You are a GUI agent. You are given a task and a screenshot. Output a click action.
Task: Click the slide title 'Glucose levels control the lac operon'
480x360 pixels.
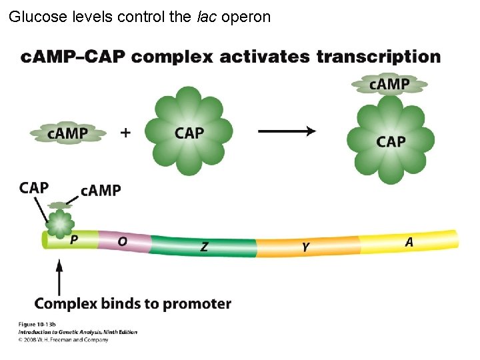[140, 17]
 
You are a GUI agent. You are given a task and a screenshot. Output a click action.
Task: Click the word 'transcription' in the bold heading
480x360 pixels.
[378, 57]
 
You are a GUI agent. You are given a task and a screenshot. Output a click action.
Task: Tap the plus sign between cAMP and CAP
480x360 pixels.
[125, 133]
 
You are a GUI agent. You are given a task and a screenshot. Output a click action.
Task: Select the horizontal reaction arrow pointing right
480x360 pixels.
[287, 131]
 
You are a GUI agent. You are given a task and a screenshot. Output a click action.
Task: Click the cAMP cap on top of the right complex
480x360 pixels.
[390, 84]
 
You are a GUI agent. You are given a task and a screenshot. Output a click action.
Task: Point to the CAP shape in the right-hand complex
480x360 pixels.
[391, 141]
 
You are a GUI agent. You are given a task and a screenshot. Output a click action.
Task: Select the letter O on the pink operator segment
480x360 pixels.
[122, 242]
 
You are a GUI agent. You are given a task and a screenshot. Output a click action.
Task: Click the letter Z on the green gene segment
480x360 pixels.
[204, 247]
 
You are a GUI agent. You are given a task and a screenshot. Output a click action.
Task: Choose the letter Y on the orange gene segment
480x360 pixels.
[305, 247]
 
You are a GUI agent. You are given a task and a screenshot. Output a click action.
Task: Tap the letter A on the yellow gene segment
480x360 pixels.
[409, 242]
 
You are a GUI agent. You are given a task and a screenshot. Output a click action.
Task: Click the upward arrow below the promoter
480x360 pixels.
[59, 277]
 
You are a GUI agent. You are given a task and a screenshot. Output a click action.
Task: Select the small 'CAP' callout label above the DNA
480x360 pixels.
[34, 187]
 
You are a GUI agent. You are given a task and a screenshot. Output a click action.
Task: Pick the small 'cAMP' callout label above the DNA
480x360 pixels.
[101, 191]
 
